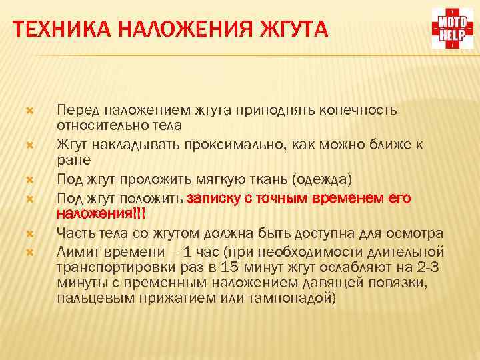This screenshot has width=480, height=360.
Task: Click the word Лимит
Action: pos(76,251)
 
